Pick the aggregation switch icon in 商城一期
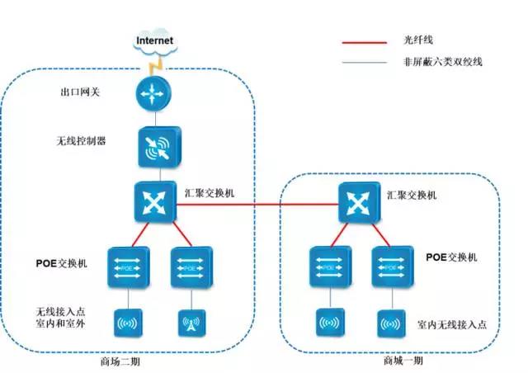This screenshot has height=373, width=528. pos(357,201)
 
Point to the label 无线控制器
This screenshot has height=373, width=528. pos(81,141)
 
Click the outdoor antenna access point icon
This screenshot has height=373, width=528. pos(188,323)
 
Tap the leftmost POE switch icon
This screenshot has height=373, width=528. pos(127,266)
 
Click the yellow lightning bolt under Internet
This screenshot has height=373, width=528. pos(153,64)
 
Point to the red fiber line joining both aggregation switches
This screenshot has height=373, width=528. pos(256,209)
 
